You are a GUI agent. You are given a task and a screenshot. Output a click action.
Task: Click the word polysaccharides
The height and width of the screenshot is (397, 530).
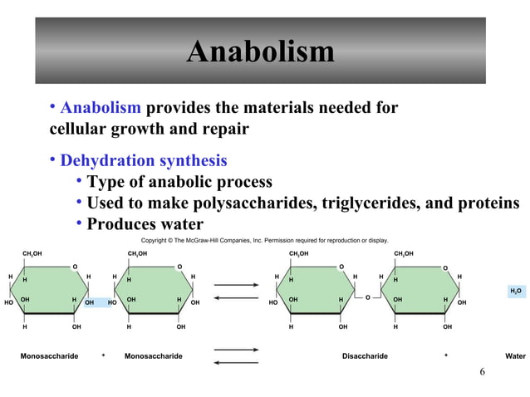[x=254, y=203]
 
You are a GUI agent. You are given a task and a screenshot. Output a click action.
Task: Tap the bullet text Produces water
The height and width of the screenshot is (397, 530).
[x=145, y=224]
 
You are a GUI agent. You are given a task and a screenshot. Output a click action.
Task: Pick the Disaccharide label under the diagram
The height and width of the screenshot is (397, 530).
[x=365, y=356]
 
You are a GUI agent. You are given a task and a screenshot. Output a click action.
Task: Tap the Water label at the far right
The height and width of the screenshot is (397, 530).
[x=515, y=356]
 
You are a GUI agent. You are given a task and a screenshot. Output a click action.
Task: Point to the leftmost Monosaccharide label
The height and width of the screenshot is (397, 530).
[x=49, y=356]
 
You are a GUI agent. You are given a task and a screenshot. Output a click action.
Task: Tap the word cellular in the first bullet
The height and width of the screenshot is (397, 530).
[x=78, y=130]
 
